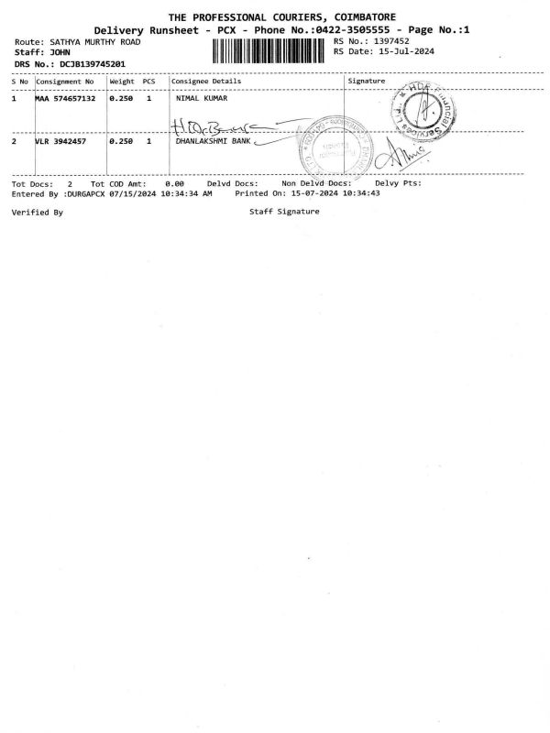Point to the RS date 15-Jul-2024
tap(401, 51)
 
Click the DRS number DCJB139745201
tap(89, 63)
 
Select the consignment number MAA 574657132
tap(65, 98)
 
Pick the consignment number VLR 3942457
tap(60, 142)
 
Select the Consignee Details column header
tap(207, 82)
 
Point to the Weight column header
tap(122, 82)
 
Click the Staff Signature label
tap(284, 212)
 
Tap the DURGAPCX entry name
tap(84, 194)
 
